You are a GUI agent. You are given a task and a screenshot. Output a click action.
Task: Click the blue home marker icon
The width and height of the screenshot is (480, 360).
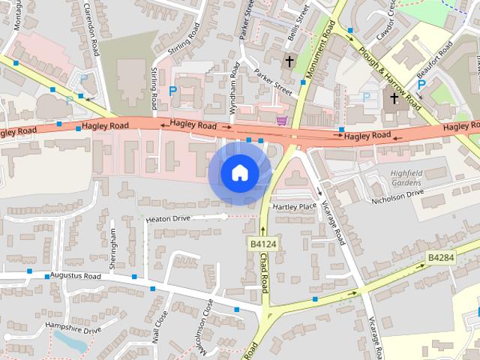click(239, 173)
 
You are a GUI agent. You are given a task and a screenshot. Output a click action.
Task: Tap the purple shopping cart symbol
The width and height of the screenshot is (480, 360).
click(282, 121)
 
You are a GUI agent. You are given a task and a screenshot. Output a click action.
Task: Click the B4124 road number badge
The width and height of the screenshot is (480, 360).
click(262, 244)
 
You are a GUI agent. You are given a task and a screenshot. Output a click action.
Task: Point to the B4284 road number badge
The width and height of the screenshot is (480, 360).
click(441, 257)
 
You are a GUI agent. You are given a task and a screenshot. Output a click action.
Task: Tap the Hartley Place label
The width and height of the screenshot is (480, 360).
click(294, 206)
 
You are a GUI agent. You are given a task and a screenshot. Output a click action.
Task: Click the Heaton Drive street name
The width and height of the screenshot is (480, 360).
click(169, 218)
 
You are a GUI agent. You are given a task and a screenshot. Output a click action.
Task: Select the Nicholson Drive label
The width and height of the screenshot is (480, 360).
click(398, 196)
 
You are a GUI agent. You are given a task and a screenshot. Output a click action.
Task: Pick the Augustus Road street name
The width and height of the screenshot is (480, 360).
click(75, 276)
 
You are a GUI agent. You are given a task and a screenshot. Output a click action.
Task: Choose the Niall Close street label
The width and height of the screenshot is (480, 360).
click(160, 328)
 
